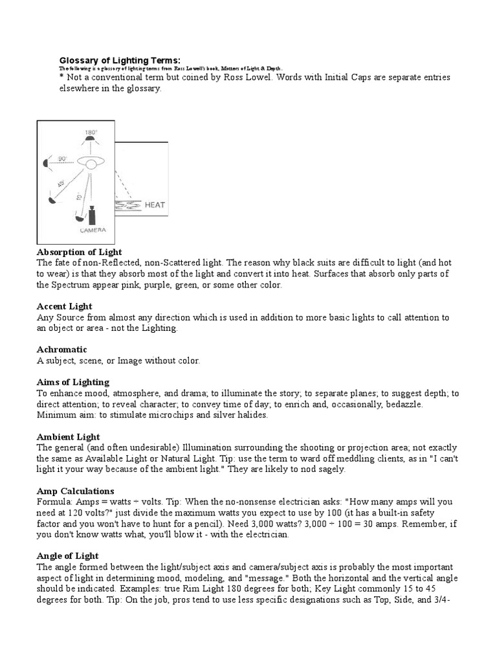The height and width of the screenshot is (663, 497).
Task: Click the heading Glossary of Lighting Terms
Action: tap(116, 60)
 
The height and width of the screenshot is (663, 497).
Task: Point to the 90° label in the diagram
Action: tap(62, 157)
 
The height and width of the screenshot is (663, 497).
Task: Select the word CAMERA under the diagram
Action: tap(93, 230)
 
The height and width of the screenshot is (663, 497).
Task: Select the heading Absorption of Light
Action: tap(80, 251)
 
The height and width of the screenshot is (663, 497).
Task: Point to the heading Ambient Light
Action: tap(69, 436)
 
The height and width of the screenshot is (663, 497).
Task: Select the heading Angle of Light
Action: tap(68, 556)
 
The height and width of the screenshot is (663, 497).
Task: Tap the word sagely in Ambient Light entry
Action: tap(330, 469)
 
